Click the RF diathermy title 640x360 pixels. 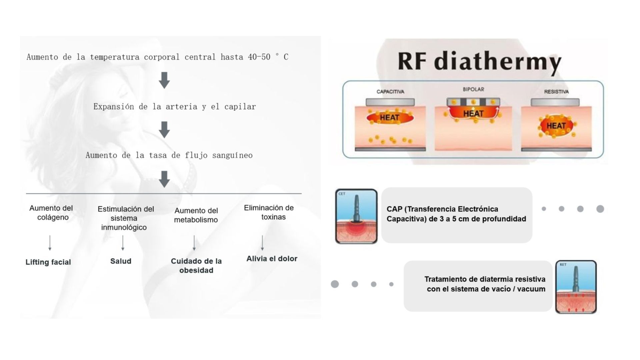point(480,62)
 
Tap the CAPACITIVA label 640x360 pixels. point(390,92)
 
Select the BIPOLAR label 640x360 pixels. point(473,89)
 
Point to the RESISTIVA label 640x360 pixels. point(556,92)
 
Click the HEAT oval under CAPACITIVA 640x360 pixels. point(390,118)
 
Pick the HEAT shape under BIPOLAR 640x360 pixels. point(473,113)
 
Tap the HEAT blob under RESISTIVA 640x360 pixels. point(556,126)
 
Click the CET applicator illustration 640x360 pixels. point(356,216)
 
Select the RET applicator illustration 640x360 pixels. point(576,287)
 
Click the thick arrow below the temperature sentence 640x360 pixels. point(164,80)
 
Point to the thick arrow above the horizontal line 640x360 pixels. point(164,179)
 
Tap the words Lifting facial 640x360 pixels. point(48,262)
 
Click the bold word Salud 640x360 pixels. point(121,261)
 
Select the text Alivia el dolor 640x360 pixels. point(272,259)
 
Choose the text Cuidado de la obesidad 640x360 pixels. point(196,266)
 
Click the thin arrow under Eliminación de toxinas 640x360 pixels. point(262,243)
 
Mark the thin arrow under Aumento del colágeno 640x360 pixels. point(50,243)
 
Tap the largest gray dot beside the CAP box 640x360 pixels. point(600,209)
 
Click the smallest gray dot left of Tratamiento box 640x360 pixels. point(391,284)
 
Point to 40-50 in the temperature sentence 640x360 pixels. point(259,57)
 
